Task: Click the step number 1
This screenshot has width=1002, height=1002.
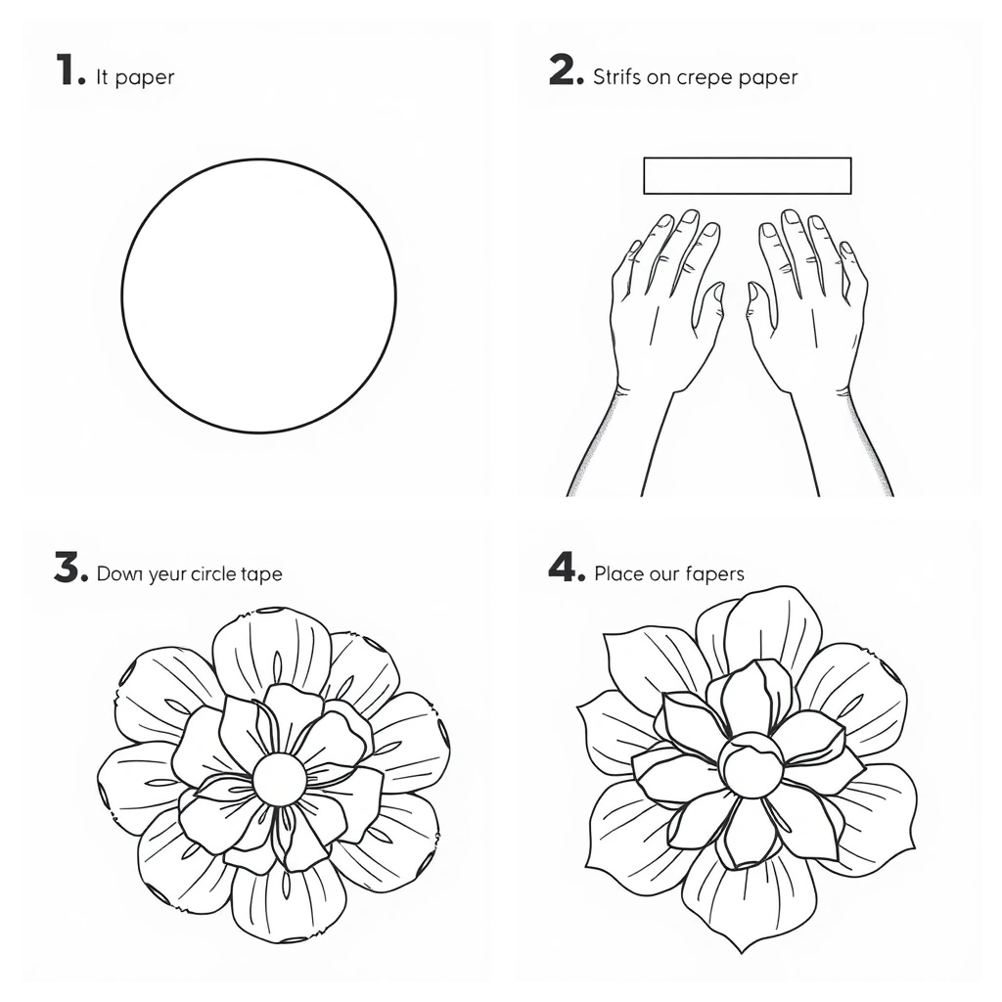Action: pyautogui.click(x=70, y=69)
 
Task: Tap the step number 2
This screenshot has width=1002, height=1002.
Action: pyautogui.click(x=567, y=69)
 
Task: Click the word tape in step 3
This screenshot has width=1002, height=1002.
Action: pyautogui.click(x=262, y=574)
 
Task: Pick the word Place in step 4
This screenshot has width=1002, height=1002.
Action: pyautogui.click(x=619, y=573)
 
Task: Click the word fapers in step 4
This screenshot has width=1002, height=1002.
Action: pyautogui.click(x=715, y=573)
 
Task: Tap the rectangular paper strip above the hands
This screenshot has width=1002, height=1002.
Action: pyautogui.click(x=747, y=176)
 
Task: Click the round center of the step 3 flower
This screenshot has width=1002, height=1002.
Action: pyautogui.click(x=279, y=779)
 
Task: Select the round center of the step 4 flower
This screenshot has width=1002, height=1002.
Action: pyautogui.click(x=751, y=764)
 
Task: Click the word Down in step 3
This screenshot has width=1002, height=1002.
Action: pyautogui.click(x=119, y=573)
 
